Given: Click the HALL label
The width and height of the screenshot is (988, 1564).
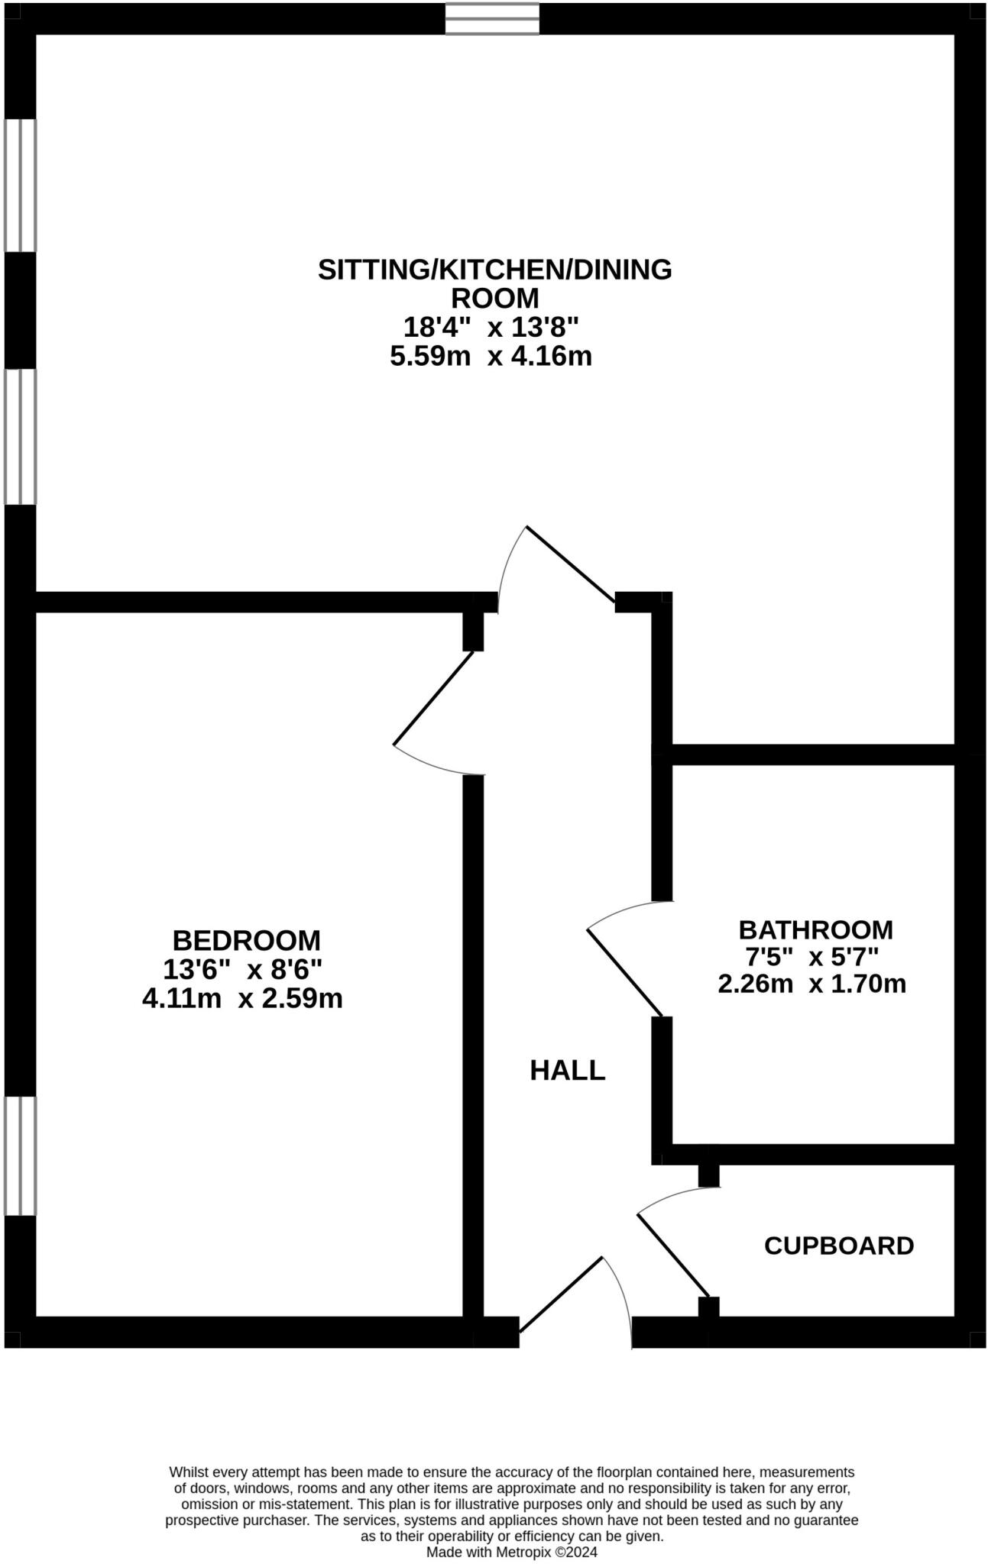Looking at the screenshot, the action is [x=567, y=1071].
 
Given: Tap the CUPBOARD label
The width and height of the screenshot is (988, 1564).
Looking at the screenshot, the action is [x=839, y=1246].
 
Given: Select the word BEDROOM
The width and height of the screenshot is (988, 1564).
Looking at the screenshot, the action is [x=246, y=939].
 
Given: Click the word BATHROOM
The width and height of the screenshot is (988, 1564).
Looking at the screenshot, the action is [x=815, y=930].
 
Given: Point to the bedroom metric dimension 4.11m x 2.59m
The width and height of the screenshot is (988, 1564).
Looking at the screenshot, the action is [x=242, y=998].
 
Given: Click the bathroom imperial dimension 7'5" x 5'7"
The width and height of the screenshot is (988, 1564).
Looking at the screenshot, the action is [x=812, y=956].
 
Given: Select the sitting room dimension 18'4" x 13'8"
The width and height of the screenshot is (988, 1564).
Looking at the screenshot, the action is [x=491, y=328].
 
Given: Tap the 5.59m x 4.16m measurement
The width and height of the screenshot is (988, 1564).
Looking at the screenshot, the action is [x=491, y=356].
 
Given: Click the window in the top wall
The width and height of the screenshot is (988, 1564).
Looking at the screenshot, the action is [x=492, y=19].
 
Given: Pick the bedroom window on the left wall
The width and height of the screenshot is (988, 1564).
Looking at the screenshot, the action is [x=20, y=1155].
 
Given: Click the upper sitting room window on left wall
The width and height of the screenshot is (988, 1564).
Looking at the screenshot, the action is [x=20, y=186].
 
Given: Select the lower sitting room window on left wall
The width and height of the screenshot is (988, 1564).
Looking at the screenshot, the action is [x=20, y=437].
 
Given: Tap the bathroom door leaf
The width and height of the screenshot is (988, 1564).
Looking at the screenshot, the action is [x=624, y=972].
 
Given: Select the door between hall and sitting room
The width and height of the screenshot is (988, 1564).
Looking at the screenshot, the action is [x=570, y=564].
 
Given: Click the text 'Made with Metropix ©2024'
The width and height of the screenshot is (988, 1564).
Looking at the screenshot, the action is [x=511, y=1552].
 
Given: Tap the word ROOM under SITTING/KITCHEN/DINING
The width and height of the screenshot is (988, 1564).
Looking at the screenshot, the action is [x=494, y=297].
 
